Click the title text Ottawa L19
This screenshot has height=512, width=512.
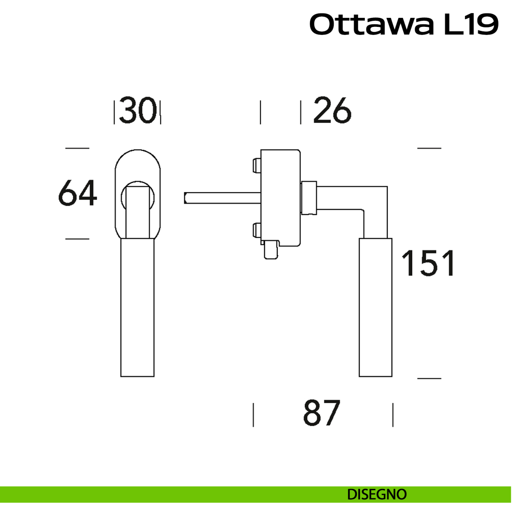(404, 25)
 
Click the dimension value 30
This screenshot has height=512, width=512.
(138, 110)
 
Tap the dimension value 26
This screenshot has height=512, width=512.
(332, 110)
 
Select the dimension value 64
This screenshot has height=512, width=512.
(78, 193)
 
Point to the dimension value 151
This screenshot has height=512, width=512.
(428, 263)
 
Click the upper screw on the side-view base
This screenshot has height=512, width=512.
(257, 165)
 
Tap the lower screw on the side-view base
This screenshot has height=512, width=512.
(257, 230)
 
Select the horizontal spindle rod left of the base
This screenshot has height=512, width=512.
(222, 198)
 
